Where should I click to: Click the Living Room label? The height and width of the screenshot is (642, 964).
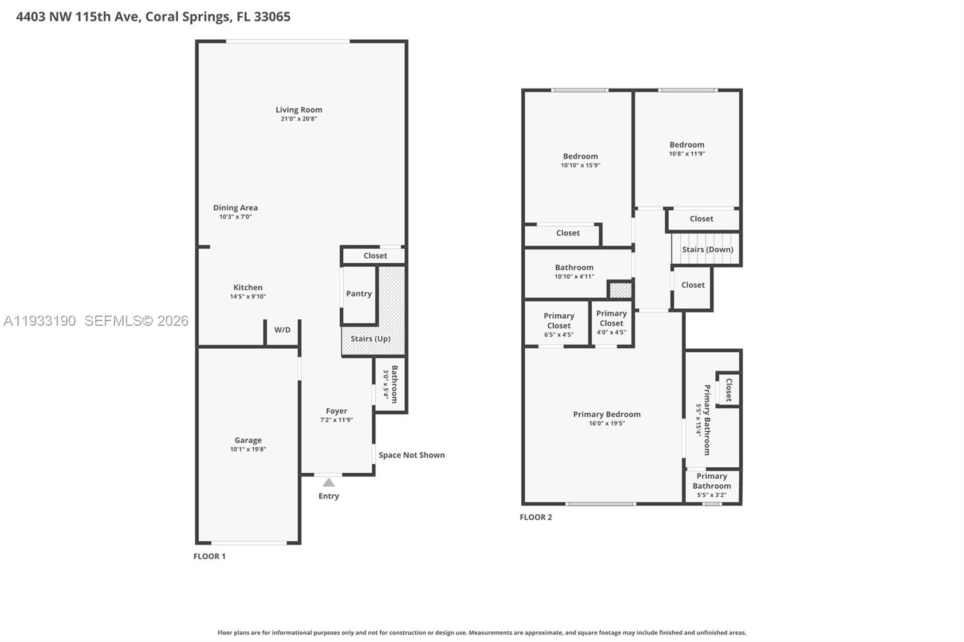tap(299, 110)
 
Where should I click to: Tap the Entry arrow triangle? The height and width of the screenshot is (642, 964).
tap(328, 482)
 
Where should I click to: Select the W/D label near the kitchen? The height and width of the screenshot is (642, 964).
tap(282, 330)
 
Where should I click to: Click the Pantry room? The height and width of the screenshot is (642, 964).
tap(359, 294)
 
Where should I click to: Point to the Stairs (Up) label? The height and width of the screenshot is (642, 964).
tap(371, 338)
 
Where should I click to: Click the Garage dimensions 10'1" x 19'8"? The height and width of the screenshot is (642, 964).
tap(248, 449)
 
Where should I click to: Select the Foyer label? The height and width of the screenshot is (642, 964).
tap(336, 411)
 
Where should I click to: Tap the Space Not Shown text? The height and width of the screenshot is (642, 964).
tap(412, 455)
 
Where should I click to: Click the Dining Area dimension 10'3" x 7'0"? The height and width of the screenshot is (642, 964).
tap(236, 217)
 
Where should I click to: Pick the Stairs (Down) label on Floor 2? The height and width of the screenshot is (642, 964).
tap(707, 249)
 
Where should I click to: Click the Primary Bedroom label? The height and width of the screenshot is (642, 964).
tap(607, 414)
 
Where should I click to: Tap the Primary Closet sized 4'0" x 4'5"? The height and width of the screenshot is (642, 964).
tap(612, 323)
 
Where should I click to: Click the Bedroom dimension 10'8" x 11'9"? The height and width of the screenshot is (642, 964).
tap(687, 154)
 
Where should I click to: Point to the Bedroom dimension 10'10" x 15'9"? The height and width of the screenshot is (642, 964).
tap(580, 165)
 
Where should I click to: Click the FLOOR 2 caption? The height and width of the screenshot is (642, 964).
tap(536, 517)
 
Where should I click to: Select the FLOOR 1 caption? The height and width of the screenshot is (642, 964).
tap(209, 556)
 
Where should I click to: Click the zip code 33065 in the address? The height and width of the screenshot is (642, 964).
tap(272, 17)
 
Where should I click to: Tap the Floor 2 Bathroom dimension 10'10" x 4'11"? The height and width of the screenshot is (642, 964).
tap(574, 276)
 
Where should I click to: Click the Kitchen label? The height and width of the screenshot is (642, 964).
tap(248, 287)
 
